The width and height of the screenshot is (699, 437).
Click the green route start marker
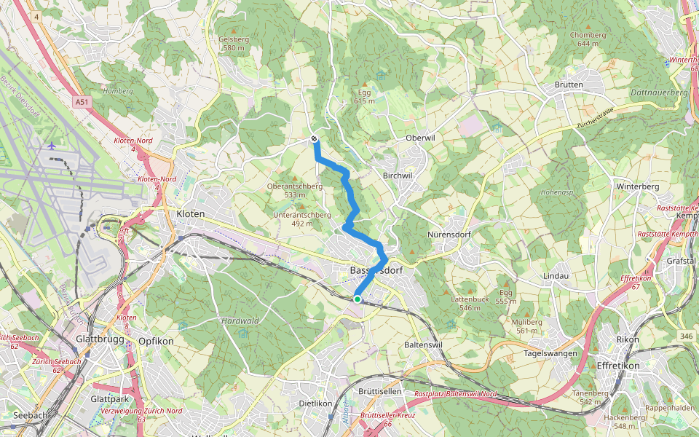click(x=358, y=299)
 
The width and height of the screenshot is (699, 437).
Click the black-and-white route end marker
click(x=314, y=138)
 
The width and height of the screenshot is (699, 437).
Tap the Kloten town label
click(x=191, y=214)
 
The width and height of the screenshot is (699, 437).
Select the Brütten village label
click(x=569, y=85)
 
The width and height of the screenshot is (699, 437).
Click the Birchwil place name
click(x=397, y=176)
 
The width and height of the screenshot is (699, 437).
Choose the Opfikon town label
click(x=154, y=341)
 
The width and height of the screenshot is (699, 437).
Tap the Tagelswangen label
click(x=550, y=353)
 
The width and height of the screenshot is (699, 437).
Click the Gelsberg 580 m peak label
click(x=234, y=44)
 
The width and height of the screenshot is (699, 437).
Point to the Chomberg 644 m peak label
click(x=588, y=39)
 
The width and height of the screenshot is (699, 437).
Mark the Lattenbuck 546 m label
click(x=470, y=303)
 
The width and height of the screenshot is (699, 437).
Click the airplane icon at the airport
click(x=52, y=146)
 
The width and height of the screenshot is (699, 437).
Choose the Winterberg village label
click(x=637, y=187)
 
